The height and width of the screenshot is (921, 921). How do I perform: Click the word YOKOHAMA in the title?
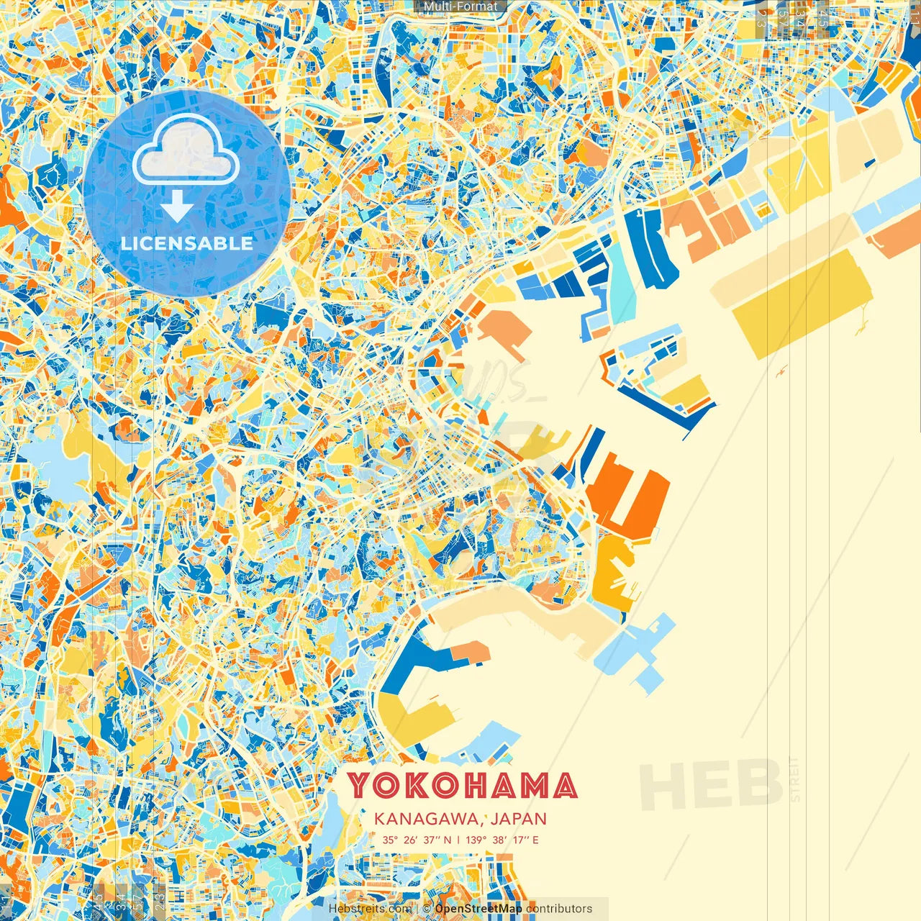[x=463, y=786]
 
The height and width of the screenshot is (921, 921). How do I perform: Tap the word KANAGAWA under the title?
[x=428, y=819]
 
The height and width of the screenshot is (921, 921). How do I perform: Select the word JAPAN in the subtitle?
[x=518, y=819]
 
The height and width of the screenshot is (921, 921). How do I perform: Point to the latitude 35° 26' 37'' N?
[x=417, y=840]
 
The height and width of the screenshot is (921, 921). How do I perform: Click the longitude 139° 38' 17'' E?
[x=502, y=840]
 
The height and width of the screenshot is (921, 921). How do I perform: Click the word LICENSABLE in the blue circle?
[x=187, y=243]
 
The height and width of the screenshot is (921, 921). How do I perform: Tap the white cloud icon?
[x=186, y=152]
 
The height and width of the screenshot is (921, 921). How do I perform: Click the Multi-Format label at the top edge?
[x=460, y=6]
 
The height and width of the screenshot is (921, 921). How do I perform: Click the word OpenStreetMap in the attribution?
[x=478, y=909]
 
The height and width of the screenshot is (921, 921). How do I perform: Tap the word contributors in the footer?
[x=559, y=909]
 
